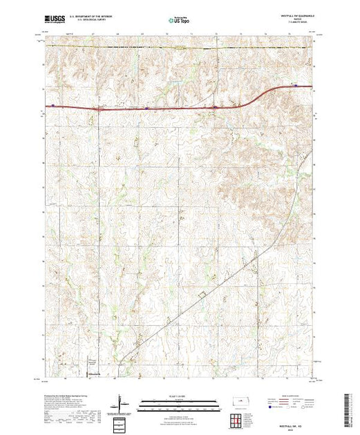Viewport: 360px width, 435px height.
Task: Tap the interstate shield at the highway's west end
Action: [53, 106]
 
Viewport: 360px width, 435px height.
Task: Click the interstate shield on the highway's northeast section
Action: [296, 86]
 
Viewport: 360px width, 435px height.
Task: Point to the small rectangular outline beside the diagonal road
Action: [202, 296]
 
